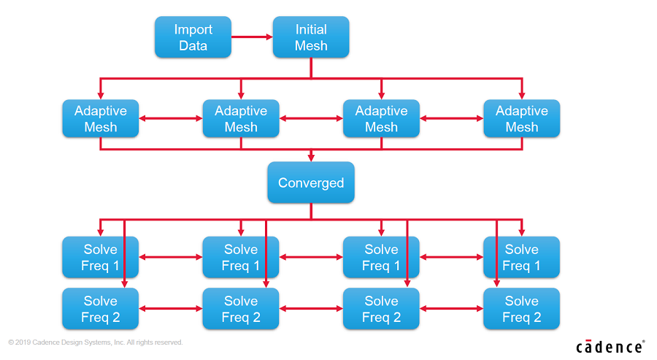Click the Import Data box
(x=193, y=37)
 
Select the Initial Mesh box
(x=311, y=37)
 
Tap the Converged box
(x=311, y=183)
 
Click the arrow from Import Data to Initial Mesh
(x=252, y=37)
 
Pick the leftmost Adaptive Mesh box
(x=101, y=118)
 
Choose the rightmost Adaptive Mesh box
(x=522, y=118)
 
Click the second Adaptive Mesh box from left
(x=241, y=118)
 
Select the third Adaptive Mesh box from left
(x=381, y=118)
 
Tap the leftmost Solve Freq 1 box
(x=101, y=257)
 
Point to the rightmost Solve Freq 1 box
(x=522, y=257)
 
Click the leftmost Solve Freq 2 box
(x=101, y=308)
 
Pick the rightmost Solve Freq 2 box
(x=522, y=308)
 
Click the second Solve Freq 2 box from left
(x=241, y=308)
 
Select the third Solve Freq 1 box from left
(x=381, y=257)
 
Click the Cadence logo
(x=610, y=347)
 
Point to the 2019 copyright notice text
(x=96, y=342)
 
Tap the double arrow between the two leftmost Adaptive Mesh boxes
(x=171, y=118)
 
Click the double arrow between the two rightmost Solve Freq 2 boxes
(x=452, y=308)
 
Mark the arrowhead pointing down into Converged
(x=311, y=158)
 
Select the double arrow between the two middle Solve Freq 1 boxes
(x=311, y=257)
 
